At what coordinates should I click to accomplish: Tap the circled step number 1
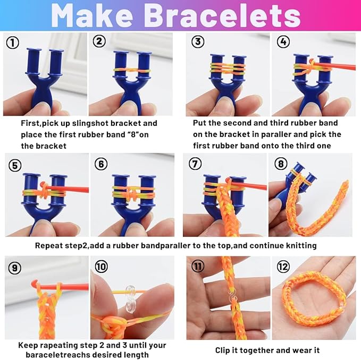13,42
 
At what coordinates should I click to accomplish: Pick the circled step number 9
15,268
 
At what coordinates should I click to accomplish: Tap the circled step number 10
101,268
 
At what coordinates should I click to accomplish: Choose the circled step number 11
198,268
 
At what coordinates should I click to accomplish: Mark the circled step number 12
283,268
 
